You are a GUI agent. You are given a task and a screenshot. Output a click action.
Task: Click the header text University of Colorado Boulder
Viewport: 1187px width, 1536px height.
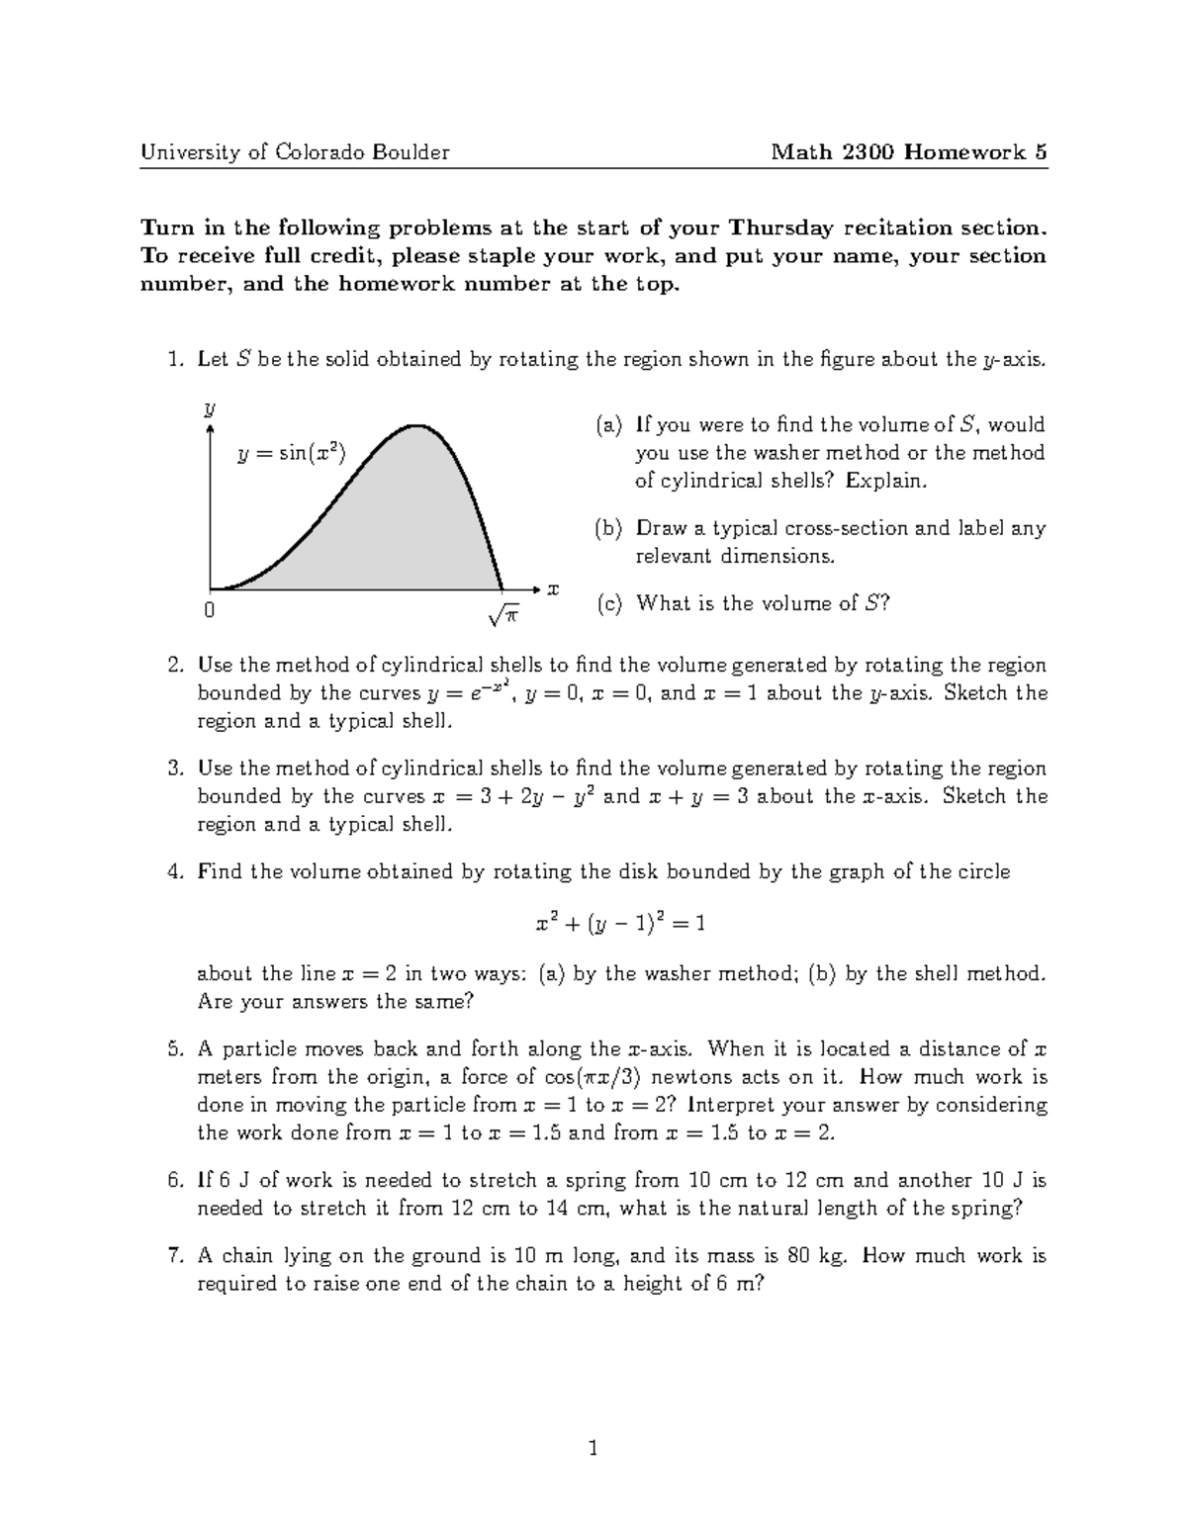pyautogui.click(x=295, y=152)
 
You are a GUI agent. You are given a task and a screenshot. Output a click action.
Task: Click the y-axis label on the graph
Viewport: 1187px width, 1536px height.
pyautogui.click(x=210, y=408)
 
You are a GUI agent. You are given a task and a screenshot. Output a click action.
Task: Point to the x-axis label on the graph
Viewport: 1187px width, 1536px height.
pyautogui.click(x=553, y=589)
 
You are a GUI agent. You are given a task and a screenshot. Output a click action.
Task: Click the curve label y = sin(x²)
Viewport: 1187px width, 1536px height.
pyautogui.click(x=291, y=454)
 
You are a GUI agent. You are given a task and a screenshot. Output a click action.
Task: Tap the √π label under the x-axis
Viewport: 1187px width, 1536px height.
pyautogui.click(x=503, y=615)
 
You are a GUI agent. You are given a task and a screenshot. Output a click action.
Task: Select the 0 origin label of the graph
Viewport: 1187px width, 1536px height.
pyautogui.click(x=209, y=611)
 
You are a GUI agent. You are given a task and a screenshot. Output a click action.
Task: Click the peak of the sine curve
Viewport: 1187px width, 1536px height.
pyautogui.click(x=418, y=426)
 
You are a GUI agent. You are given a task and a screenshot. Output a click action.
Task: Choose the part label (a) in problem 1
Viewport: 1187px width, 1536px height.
pyautogui.click(x=608, y=425)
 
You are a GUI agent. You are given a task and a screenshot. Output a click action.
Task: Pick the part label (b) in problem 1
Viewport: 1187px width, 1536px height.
pyautogui.click(x=608, y=528)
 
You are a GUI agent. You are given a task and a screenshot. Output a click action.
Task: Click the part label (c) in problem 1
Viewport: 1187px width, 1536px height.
pyautogui.click(x=608, y=603)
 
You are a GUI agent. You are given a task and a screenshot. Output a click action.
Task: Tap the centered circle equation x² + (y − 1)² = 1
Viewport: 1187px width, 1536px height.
pyautogui.click(x=620, y=924)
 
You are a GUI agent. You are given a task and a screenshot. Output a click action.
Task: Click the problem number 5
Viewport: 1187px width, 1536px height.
pyautogui.click(x=175, y=1049)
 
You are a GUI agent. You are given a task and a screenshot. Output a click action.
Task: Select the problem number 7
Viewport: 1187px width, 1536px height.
pyautogui.click(x=175, y=1256)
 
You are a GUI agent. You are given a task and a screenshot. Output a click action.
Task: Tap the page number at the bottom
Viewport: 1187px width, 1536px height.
pyautogui.click(x=593, y=1450)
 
